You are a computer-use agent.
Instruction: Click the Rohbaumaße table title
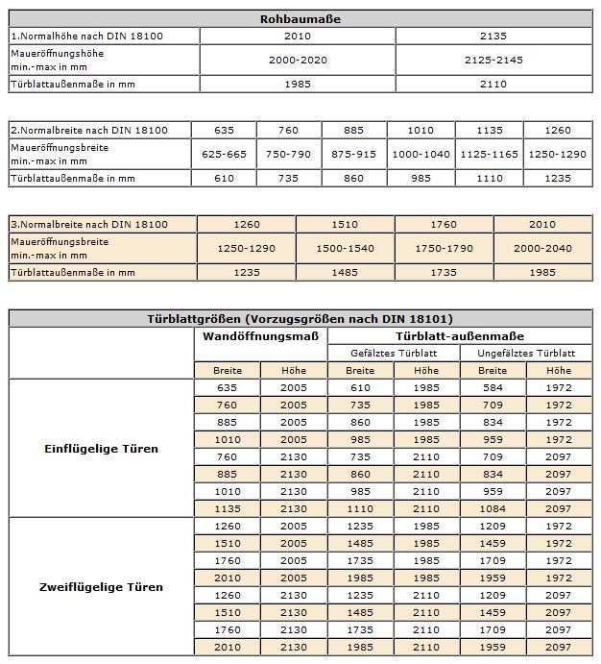tap(300, 19)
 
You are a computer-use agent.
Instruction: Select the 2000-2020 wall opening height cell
tap(298, 60)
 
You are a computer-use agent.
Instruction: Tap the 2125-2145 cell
tap(493, 60)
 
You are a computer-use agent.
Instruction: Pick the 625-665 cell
tap(225, 154)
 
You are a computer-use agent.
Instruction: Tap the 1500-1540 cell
tap(345, 248)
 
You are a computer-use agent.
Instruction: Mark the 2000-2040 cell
tap(542, 248)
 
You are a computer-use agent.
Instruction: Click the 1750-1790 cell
tap(444, 248)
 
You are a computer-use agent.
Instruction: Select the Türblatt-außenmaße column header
tap(460, 336)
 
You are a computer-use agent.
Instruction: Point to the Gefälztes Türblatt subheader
tap(393, 353)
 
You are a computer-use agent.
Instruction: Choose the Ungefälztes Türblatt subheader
tap(525, 353)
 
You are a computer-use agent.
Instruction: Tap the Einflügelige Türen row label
tap(102, 448)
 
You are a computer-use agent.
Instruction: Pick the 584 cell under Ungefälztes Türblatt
tap(493, 387)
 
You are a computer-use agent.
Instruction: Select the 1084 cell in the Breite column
tap(493, 508)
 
